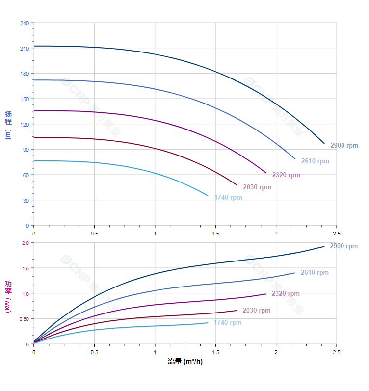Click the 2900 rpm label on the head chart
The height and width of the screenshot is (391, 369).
tap(344, 145)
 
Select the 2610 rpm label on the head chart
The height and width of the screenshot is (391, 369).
tap(315, 161)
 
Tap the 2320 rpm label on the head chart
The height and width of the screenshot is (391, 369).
tap(286, 175)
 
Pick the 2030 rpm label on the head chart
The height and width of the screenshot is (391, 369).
tap(257, 187)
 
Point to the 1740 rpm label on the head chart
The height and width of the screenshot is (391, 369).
tap(228, 198)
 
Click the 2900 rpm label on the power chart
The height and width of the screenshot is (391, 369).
tap(343, 246)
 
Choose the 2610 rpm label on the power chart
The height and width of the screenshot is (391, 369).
tap(315, 272)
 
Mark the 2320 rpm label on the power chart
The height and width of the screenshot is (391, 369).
tap(286, 293)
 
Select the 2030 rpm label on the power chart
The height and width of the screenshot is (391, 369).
tap(256, 310)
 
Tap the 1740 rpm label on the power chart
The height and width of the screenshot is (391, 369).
tap(228, 322)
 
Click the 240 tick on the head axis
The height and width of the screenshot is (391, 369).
tap(25, 23)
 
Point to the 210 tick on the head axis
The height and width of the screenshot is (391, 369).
tap(25, 48)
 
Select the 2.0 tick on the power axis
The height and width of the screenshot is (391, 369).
tap(26, 243)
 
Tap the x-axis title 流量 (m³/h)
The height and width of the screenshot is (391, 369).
tap(185, 361)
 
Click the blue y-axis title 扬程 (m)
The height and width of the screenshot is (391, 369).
tap(8, 125)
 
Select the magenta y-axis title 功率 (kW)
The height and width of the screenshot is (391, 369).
tap(8, 297)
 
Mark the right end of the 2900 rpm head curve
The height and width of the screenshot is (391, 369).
tap(324, 143)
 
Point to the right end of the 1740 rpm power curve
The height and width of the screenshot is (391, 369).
tap(208, 322)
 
